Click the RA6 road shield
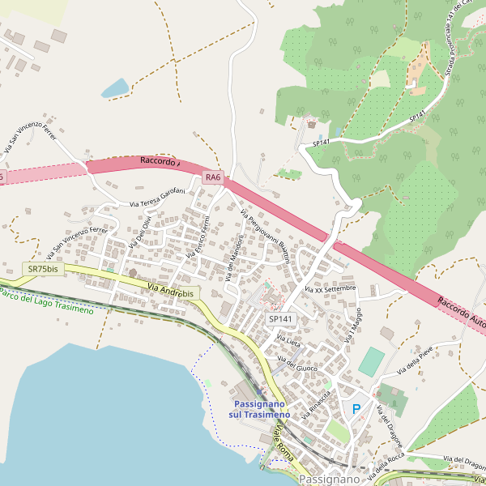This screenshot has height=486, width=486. click(213, 177)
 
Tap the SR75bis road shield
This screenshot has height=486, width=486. click(43, 268)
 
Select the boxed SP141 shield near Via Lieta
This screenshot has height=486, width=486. click(280, 319)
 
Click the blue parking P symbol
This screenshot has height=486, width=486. click(355, 410)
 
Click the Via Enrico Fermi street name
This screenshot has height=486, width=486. click(198, 237)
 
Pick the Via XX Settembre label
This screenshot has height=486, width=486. click(330, 288)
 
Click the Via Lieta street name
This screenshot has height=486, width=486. click(288, 342)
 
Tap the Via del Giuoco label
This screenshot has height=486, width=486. click(297, 364)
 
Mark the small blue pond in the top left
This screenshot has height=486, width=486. click(115, 87)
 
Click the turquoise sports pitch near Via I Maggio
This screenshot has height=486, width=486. click(371, 361)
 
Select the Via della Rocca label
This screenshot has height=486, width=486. click(385, 467)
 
